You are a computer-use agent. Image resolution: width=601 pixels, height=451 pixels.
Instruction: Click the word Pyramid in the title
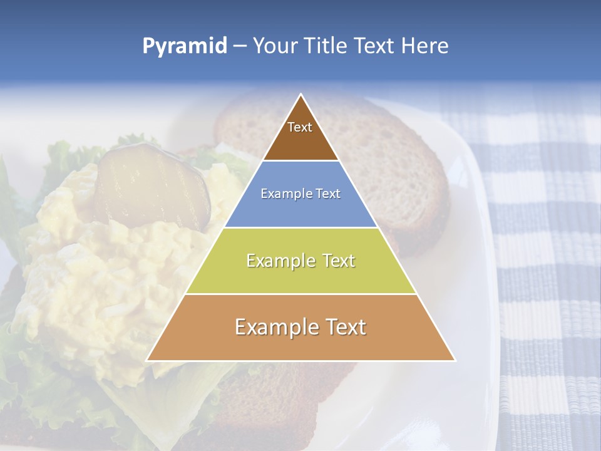pos(184,46)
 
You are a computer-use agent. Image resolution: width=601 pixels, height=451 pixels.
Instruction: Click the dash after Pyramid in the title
pos(239,46)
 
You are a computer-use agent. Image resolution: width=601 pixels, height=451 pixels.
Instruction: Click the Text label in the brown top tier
pos(300,127)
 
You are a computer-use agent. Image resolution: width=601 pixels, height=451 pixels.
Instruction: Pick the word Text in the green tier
pos(339,261)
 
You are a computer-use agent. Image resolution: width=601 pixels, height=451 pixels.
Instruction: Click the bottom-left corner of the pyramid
pos(147,360)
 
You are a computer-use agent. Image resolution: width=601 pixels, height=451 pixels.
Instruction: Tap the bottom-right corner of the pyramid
pos(455,360)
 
